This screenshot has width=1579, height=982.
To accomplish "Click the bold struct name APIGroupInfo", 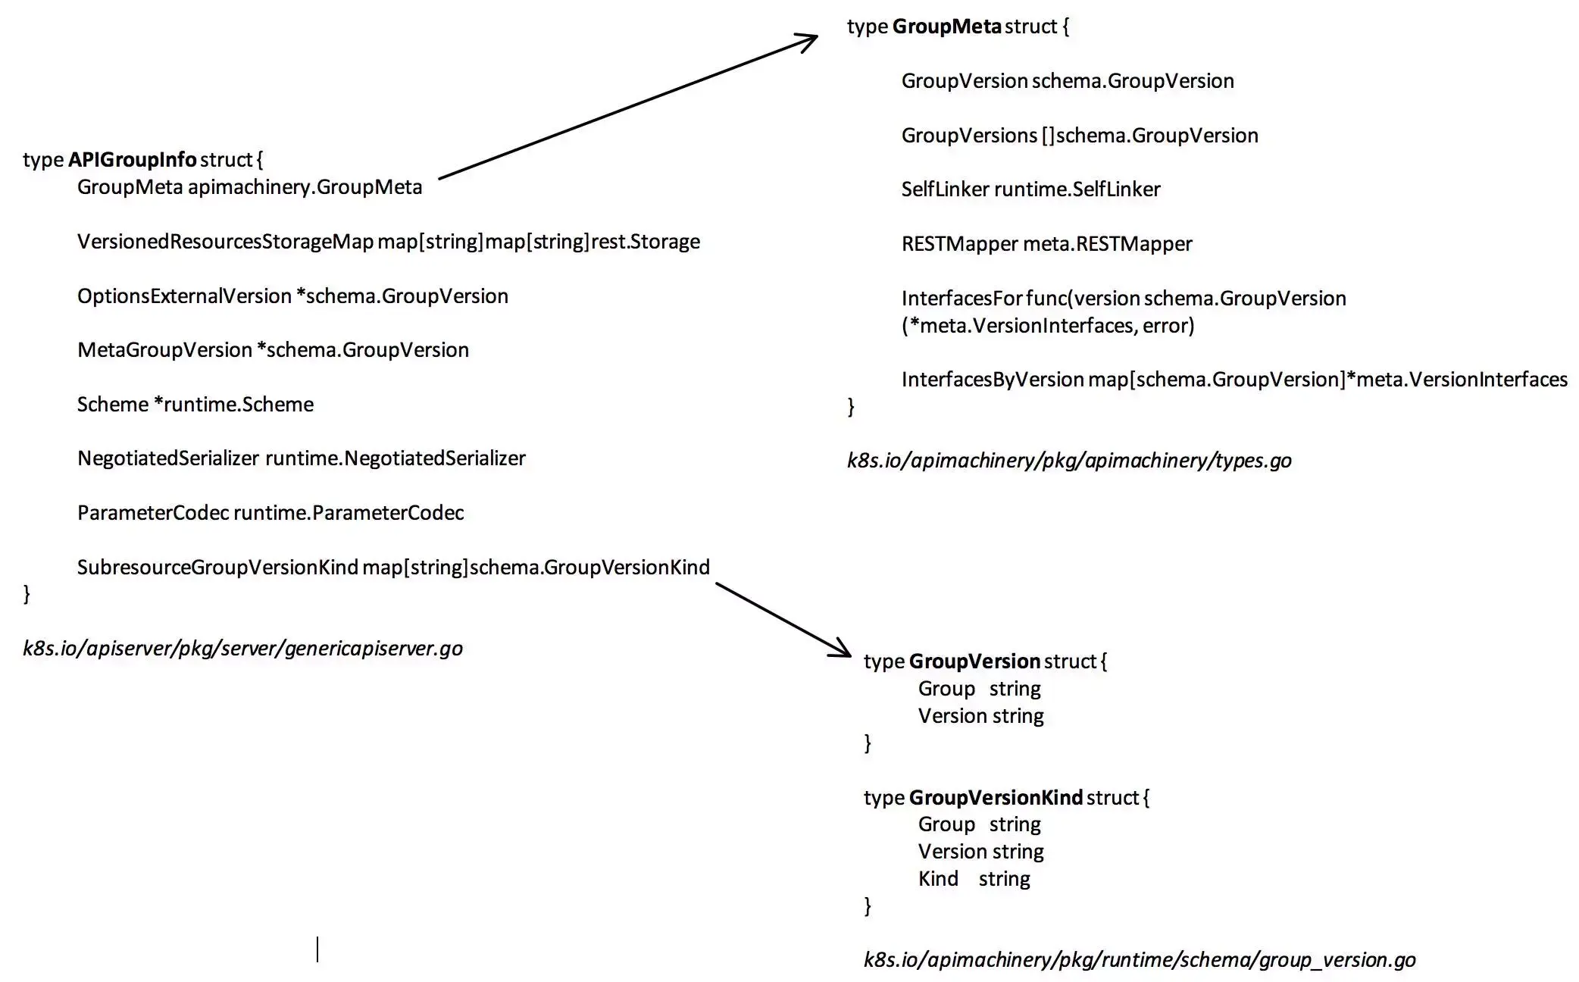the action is click(x=132, y=160).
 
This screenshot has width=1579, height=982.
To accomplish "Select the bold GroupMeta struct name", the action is click(x=946, y=27).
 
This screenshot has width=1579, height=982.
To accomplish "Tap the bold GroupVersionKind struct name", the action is click(x=996, y=797).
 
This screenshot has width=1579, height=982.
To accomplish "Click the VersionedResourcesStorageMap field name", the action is click(x=225, y=242).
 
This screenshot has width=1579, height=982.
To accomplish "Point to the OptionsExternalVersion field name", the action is click(x=184, y=296).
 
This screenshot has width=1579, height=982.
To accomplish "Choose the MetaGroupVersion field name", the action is click(x=164, y=350).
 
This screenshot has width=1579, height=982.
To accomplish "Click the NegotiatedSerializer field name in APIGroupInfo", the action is click(x=168, y=458).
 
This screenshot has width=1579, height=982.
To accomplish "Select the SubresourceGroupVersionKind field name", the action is click(x=217, y=568).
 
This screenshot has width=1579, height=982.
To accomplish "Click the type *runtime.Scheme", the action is click(x=233, y=405).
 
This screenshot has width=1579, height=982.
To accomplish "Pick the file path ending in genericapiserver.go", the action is click(x=242, y=649).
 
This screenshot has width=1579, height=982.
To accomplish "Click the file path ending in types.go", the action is click(x=1069, y=461).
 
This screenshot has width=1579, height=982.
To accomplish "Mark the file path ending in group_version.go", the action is click(x=1140, y=960).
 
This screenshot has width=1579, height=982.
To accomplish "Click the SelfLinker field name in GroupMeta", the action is click(x=945, y=189).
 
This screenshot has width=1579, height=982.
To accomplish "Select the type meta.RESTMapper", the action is click(x=1108, y=244).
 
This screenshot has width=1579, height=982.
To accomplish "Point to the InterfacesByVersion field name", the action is click(x=993, y=380).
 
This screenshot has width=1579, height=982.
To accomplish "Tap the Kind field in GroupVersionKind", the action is click(x=938, y=879).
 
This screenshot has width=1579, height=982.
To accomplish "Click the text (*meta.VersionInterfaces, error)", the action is click(x=1048, y=326).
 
